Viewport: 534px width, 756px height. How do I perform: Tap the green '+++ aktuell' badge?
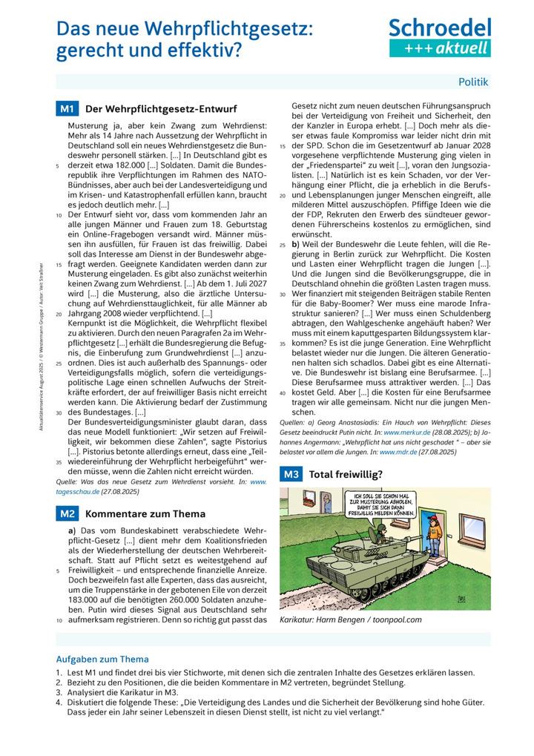pos(440,48)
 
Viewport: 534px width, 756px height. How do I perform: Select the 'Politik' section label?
pos(473,82)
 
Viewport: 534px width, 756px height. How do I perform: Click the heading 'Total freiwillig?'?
pos(346,474)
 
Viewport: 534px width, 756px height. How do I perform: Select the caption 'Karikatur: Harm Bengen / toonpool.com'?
pos(350,619)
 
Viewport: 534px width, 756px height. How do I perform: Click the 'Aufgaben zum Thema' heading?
pos(102,659)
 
